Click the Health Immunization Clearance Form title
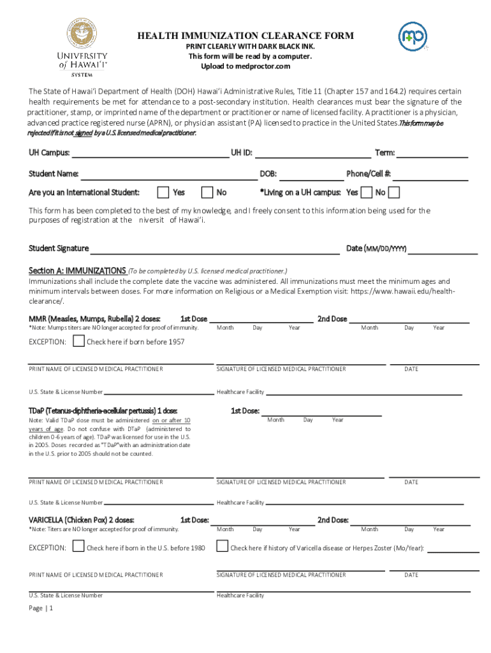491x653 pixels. pos(246,36)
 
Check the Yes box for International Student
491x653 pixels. pos(163,192)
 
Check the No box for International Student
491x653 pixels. pos(207,192)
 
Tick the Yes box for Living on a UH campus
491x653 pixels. pos(367,192)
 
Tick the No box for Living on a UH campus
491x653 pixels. pos(394,192)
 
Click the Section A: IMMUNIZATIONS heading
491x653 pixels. pos(77,270)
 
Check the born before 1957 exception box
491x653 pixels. pos(78,341)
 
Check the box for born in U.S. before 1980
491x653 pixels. pos(78,547)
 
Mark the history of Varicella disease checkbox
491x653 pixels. pos(222,547)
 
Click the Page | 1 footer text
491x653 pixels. pos(41,608)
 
